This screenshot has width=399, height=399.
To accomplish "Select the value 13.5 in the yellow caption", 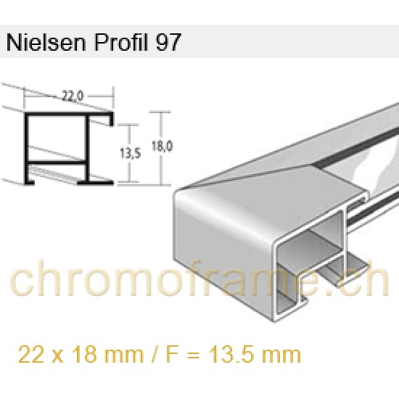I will (x=222, y=356).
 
